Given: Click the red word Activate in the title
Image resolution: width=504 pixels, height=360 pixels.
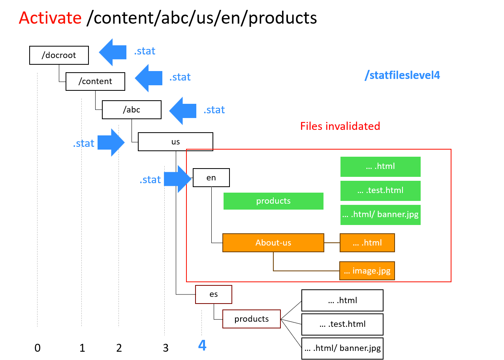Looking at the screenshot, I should (50, 18).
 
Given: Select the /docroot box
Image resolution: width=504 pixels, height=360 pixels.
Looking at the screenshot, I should (59, 55).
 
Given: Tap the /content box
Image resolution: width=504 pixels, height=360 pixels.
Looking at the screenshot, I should (95, 81).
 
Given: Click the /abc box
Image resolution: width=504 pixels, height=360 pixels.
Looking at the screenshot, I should (132, 110).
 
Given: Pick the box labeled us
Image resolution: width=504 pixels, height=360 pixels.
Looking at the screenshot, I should (175, 142).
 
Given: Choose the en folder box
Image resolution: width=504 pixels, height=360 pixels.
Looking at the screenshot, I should (211, 178).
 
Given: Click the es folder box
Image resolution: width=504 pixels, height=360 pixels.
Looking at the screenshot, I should (214, 294).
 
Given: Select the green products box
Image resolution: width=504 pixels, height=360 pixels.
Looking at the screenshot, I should (273, 201).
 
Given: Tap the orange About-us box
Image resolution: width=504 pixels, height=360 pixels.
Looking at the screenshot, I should (273, 243).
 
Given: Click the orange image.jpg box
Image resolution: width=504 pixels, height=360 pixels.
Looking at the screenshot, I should (367, 271).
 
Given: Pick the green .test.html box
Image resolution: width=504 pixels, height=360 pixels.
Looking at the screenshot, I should (380, 191).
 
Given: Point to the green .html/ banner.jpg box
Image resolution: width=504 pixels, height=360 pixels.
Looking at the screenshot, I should (380, 215).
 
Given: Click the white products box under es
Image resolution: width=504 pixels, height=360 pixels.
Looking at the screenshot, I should (252, 319).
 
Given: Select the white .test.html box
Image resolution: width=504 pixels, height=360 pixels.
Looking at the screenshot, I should (342, 324).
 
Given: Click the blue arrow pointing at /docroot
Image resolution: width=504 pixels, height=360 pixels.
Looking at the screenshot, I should (113, 52).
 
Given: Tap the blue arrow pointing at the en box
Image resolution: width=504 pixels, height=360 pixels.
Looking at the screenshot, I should (177, 179).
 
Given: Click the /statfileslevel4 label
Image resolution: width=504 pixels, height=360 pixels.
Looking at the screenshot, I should (402, 75).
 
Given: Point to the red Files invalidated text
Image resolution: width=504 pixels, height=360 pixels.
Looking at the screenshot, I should (340, 126).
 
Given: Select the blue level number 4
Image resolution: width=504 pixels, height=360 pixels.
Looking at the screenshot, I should (202, 346).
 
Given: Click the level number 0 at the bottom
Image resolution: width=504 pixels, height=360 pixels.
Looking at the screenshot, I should (38, 348).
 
